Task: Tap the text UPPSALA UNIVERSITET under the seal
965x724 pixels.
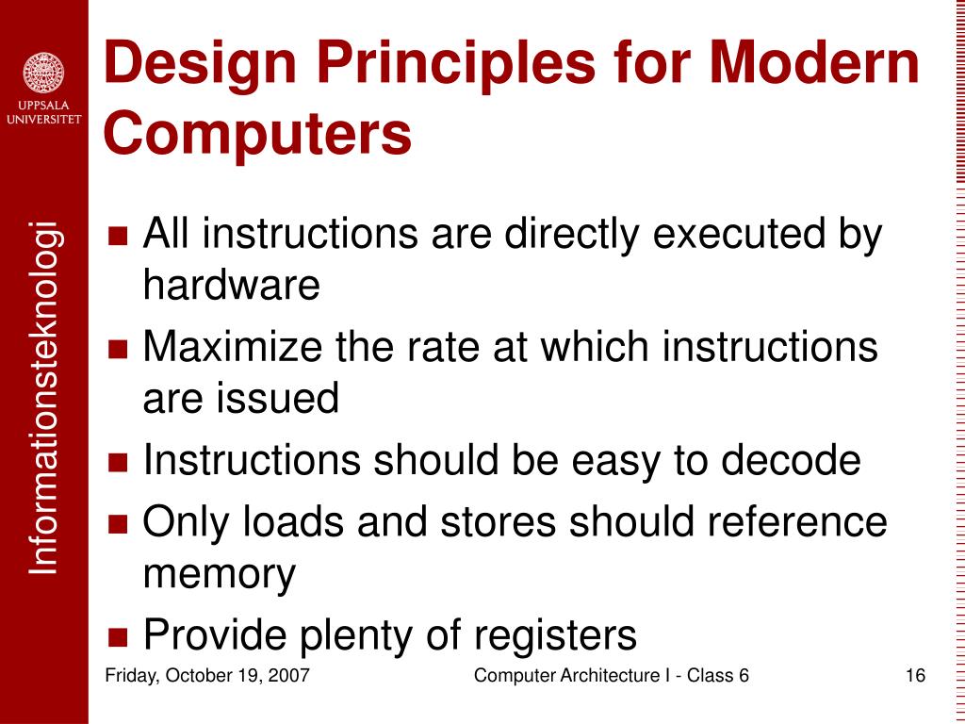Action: click(43, 113)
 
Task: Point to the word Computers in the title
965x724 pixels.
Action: click(257, 133)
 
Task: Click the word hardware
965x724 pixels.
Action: click(231, 284)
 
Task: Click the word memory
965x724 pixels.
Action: click(219, 573)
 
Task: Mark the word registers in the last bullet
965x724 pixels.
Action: click(555, 635)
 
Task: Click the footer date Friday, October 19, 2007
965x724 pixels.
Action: click(207, 675)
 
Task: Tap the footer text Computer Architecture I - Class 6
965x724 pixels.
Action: click(611, 675)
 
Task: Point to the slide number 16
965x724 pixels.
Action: click(914, 675)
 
